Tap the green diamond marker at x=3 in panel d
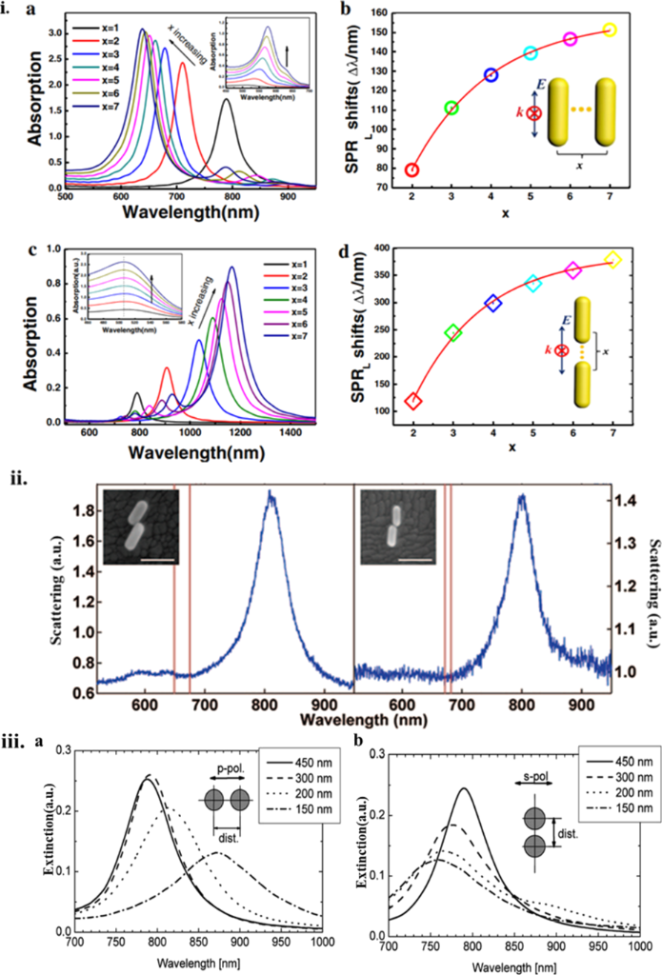[x=452, y=332]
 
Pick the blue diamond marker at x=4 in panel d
[x=492, y=303]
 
